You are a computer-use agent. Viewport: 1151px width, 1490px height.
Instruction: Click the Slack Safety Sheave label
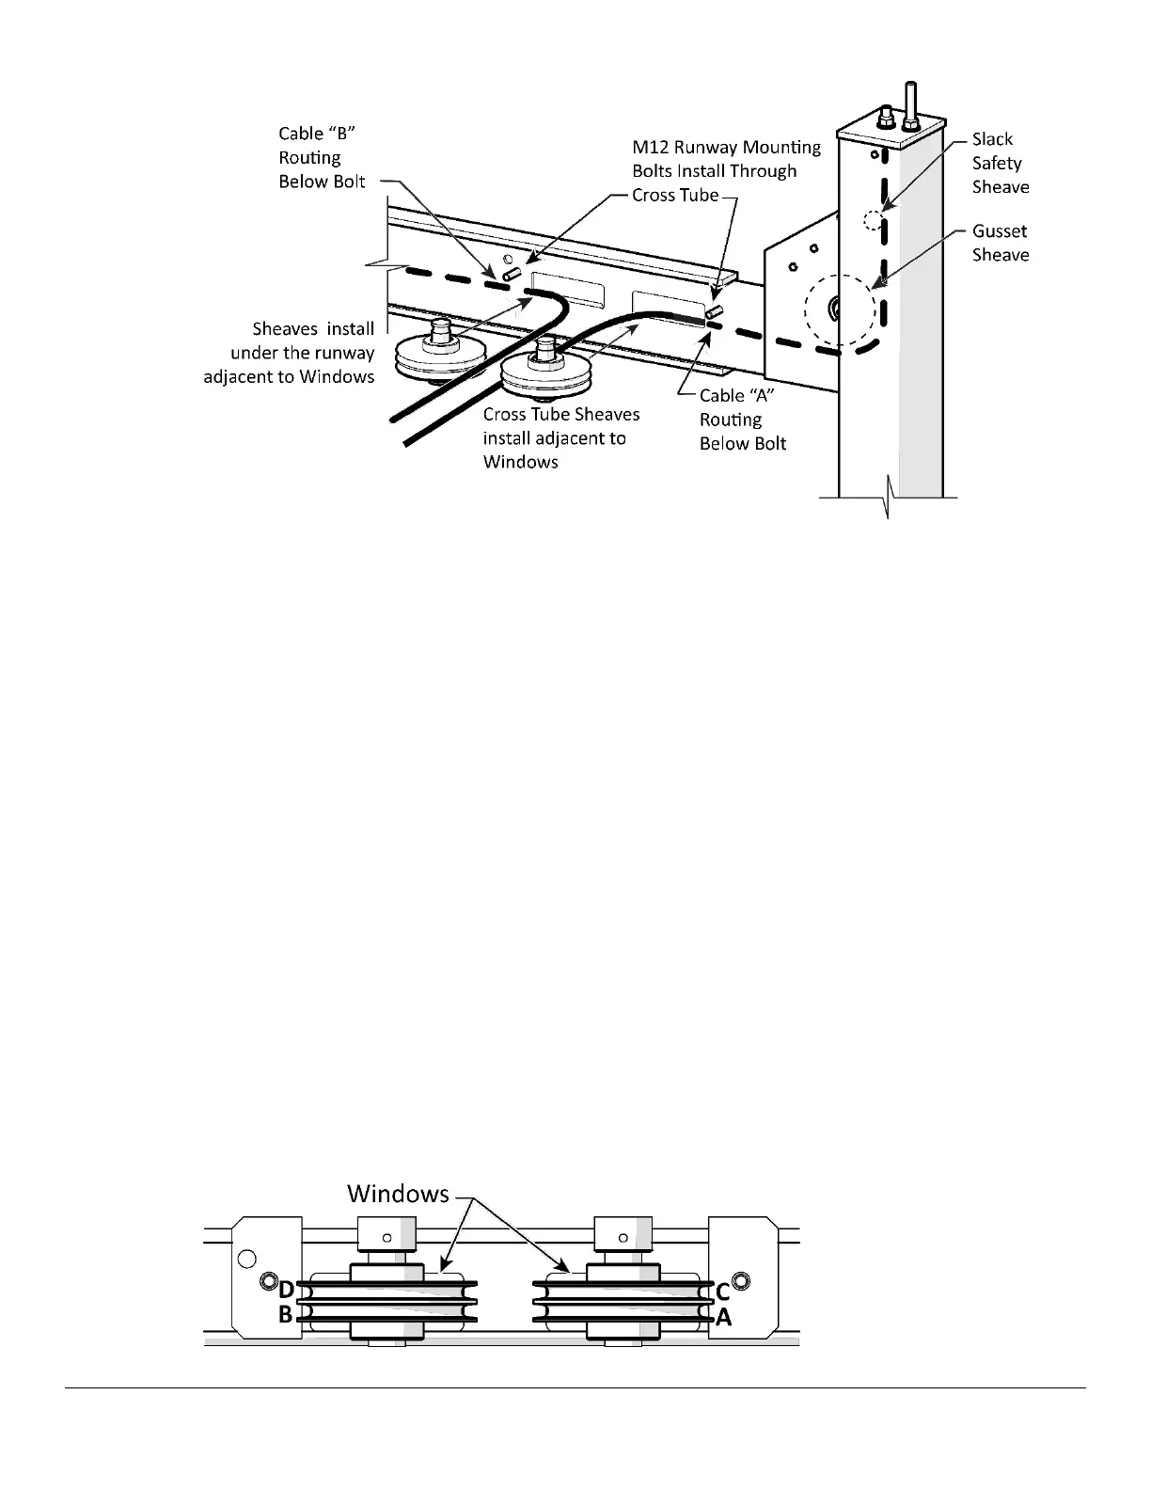point(1000,163)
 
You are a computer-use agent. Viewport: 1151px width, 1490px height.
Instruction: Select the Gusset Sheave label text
point(1000,243)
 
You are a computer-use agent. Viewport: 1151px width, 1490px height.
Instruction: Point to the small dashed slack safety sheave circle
point(873,221)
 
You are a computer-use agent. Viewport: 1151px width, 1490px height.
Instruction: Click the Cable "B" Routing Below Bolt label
point(322,158)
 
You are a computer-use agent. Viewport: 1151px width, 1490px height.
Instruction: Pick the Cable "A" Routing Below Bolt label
point(742,420)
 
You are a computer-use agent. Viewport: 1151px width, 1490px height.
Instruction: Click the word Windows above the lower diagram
point(398,1193)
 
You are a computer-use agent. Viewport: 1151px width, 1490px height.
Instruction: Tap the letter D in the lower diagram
point(286,1292)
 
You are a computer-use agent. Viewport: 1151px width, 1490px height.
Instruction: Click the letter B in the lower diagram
point(286,1315)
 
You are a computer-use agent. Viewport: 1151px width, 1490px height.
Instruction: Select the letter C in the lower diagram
point(722,1292)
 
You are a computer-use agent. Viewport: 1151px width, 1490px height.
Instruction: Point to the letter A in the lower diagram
point(722,1317)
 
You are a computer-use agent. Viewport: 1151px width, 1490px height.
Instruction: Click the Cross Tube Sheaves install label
point(560,438)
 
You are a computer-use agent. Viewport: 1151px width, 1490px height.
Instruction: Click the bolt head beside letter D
point(268,1282)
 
